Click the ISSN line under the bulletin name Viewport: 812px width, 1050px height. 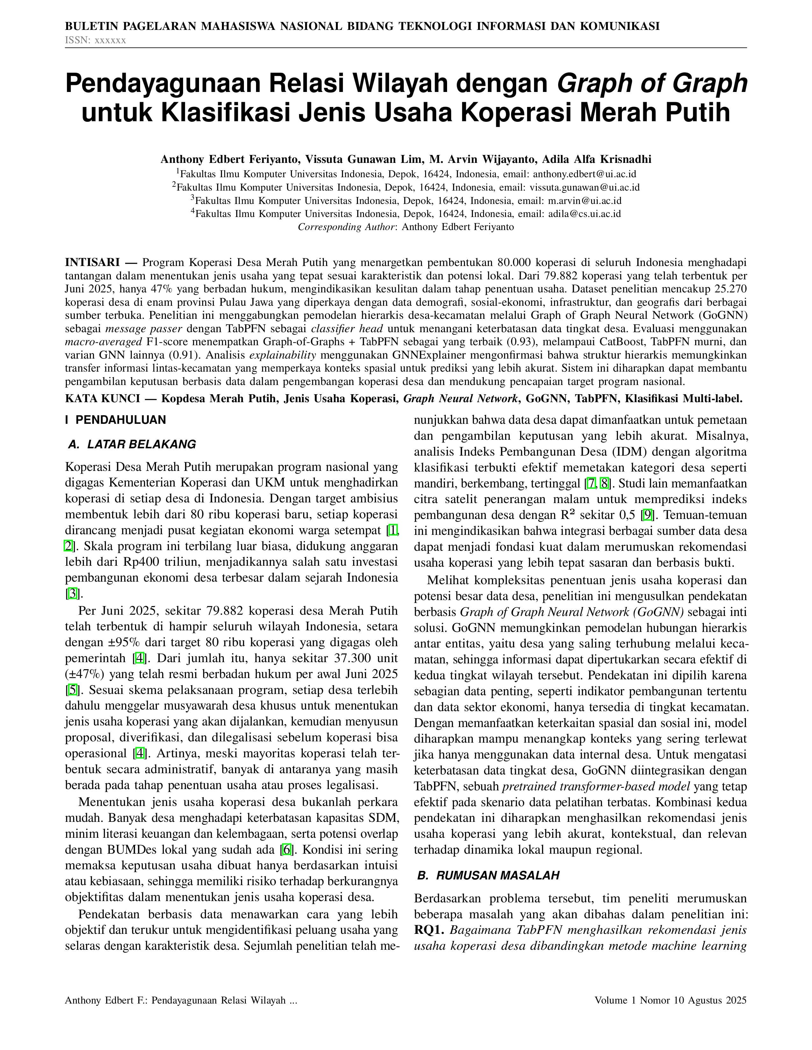[x=95, y=40]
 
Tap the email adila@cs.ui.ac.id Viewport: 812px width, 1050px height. [x=584, y=214]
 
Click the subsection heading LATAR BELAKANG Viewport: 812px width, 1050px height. [x=141, y=445]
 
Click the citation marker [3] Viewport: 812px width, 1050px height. [x=73, y=594]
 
